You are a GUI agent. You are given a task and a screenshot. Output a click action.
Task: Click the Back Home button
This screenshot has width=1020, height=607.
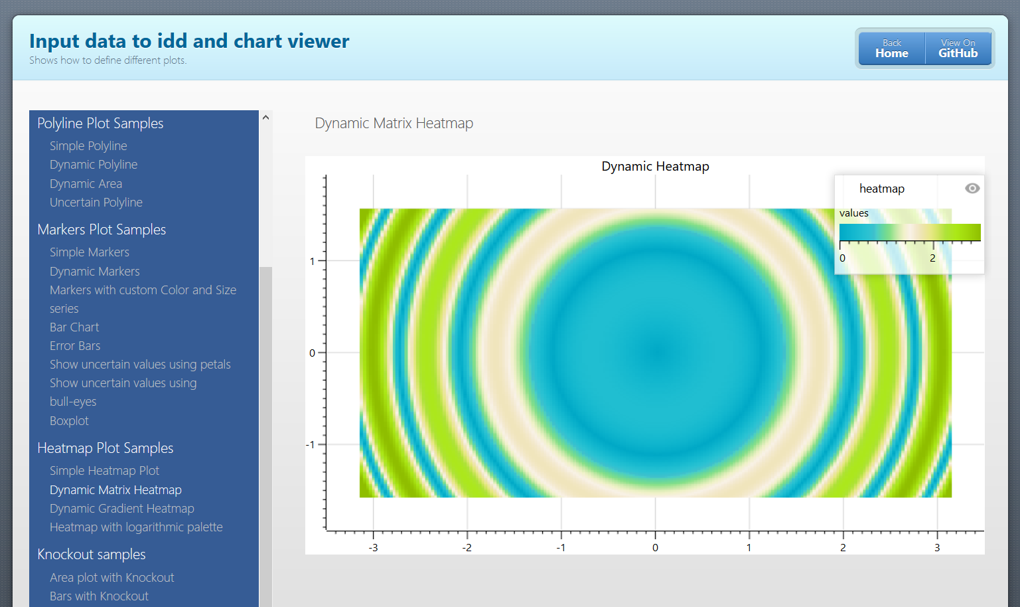pos(892,48)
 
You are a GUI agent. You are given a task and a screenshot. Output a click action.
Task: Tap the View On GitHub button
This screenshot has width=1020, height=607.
pos(958,48)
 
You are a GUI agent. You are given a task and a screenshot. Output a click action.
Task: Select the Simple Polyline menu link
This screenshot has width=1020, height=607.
pos(88,146)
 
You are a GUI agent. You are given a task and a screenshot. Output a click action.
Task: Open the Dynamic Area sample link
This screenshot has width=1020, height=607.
pos(86,184)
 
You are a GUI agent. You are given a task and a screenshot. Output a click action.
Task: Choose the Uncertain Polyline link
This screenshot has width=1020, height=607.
pos(96,203)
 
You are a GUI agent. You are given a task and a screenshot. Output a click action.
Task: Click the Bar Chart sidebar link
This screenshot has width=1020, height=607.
pos(74,327)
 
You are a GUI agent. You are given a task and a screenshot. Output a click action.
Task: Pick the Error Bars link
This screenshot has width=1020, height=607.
pos(75,346)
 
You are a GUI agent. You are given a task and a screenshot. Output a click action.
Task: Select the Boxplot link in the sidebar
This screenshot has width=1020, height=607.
pos(69,420)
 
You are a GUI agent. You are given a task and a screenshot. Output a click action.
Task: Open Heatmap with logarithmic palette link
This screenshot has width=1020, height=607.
pos(136,527)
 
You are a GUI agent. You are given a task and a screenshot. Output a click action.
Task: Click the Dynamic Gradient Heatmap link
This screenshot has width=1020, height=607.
pos(122,509)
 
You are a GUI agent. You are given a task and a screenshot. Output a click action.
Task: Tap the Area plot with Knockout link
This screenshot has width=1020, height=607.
pos(112,578)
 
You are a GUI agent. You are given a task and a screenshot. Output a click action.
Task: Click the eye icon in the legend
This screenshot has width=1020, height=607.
pos(972,188)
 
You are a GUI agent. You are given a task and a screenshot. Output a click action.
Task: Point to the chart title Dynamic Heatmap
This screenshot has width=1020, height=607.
pos(655,166)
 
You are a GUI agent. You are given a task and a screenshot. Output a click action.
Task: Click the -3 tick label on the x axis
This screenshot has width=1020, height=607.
pos(374,548)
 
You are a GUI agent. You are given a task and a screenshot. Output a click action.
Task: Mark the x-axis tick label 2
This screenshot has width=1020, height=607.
pos(843,548)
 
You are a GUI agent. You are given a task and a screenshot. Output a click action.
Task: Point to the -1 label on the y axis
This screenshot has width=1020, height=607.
pos(311,444)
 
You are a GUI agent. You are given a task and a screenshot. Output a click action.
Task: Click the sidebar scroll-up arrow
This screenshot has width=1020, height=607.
pos(266,118)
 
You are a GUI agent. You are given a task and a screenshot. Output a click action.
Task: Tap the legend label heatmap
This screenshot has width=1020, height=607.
pos(882,189)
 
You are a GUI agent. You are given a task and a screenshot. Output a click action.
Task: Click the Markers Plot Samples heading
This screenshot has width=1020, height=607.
pos(102,230)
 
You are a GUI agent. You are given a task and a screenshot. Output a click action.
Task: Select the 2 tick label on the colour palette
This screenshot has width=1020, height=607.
pos(932,258)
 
